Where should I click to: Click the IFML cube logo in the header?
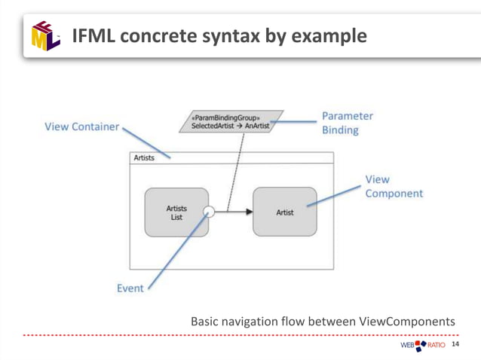click(45, 35)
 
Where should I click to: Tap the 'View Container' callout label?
click(81, 127)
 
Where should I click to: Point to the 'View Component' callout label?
click(394, 186)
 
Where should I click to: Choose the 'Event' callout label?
click(130, 288)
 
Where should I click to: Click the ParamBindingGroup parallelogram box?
click(231, 122)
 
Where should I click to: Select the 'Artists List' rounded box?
click(176, 212)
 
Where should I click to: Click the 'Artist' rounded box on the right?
click(285, 212)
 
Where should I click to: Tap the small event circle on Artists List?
click(210, 212)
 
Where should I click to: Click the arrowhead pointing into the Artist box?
click(249, 212)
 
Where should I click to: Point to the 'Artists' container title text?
click(144, 158)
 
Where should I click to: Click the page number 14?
click(455, 345)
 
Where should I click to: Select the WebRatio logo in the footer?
click(423, 346)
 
